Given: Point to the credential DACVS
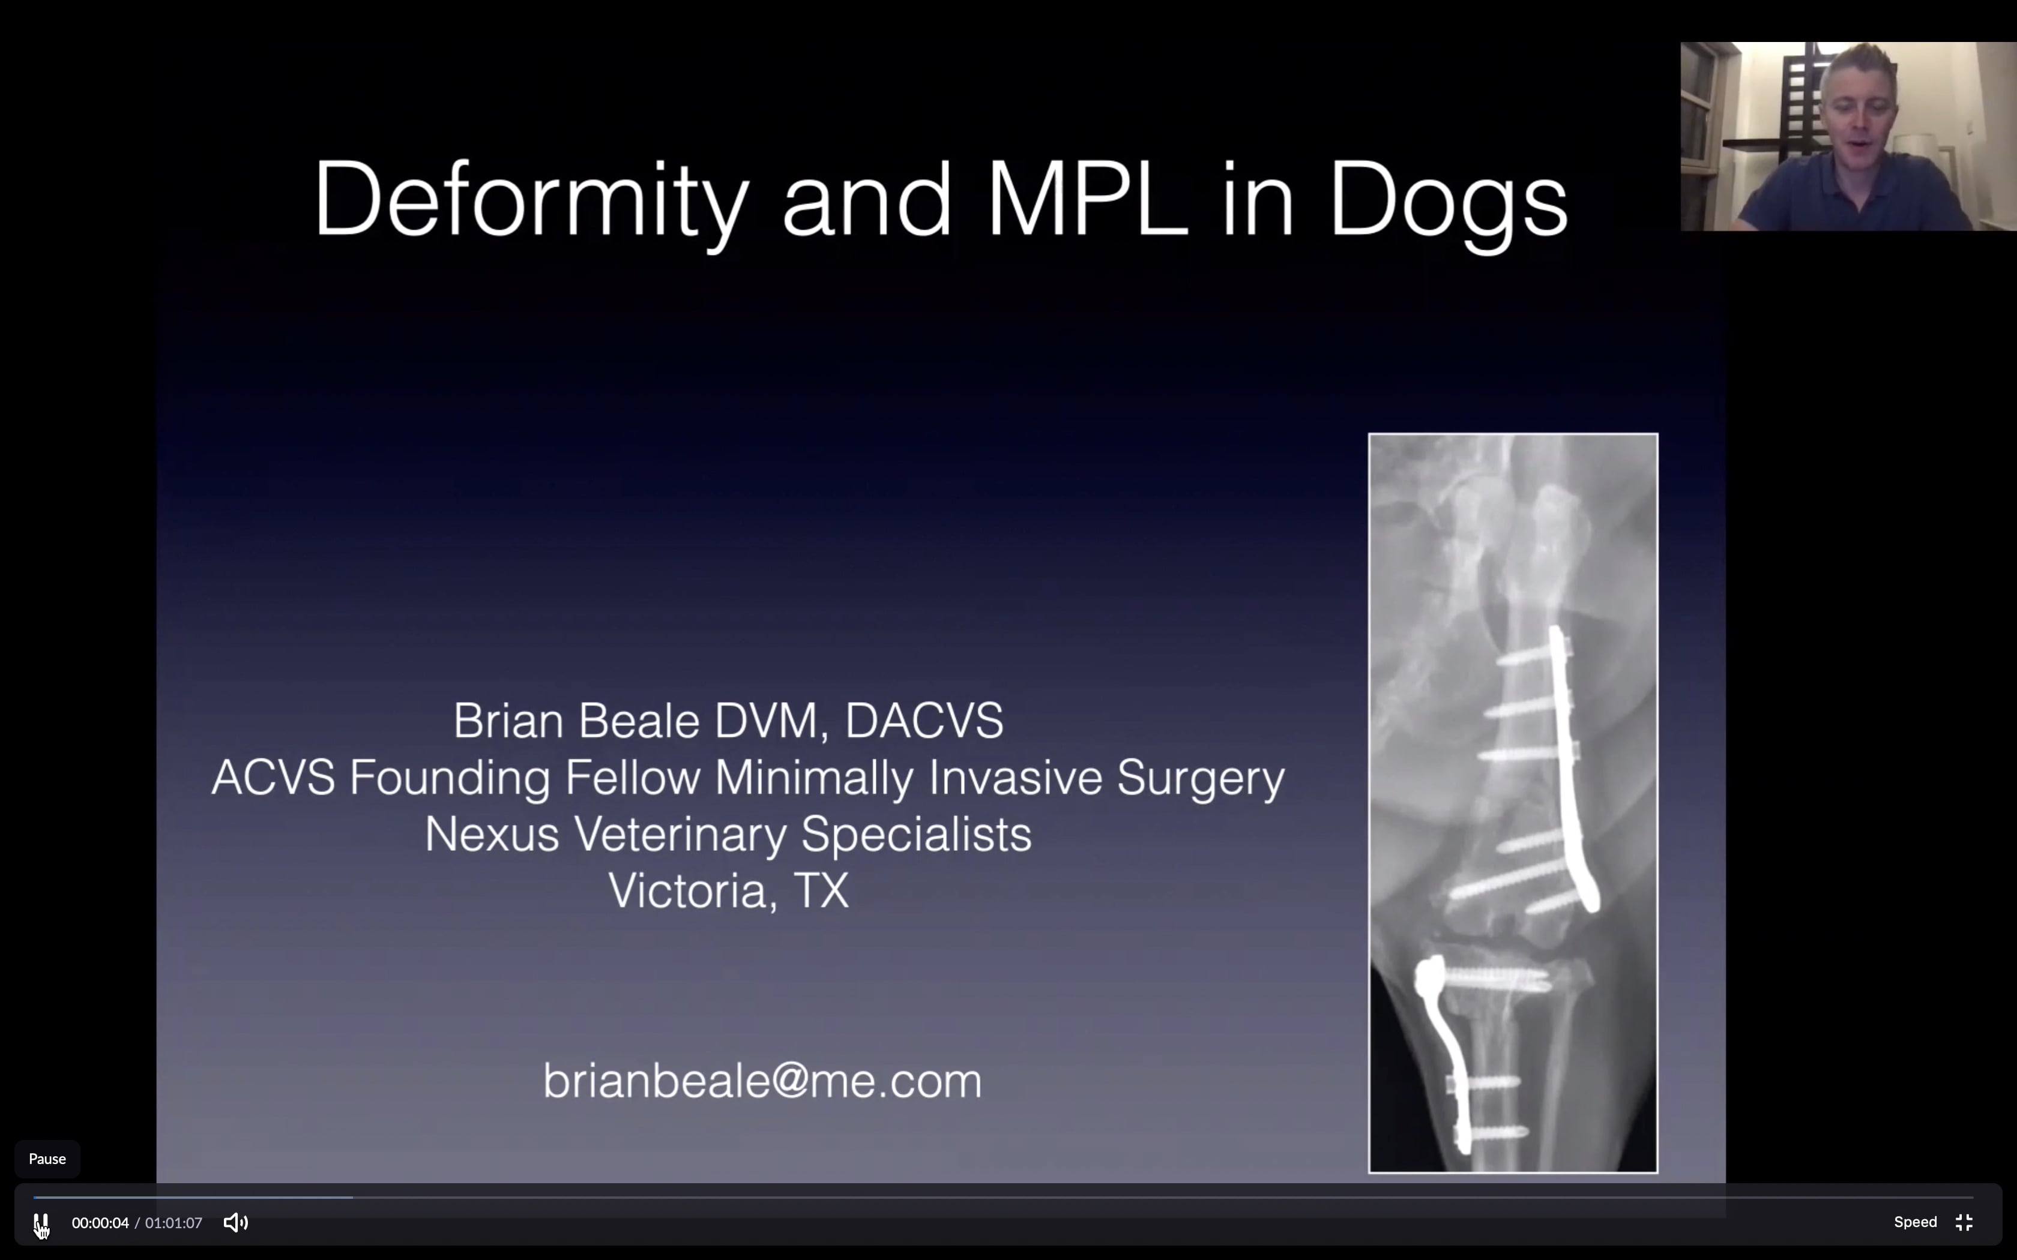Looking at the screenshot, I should coord(923,720).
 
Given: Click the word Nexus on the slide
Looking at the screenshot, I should coord(492,834).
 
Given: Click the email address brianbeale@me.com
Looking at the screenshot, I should coord(762,1081).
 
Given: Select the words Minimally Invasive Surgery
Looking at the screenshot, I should coord(998,778).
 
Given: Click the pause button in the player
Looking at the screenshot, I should coord(41,1223).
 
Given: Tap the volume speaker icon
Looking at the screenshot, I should coord(235,1223).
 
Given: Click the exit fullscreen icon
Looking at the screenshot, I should coord(1964,1223).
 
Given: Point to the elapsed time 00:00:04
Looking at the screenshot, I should coord(100,1223).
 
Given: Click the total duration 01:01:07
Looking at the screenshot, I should coord(173,1223).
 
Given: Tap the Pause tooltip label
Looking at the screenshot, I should coord(47,1159).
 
